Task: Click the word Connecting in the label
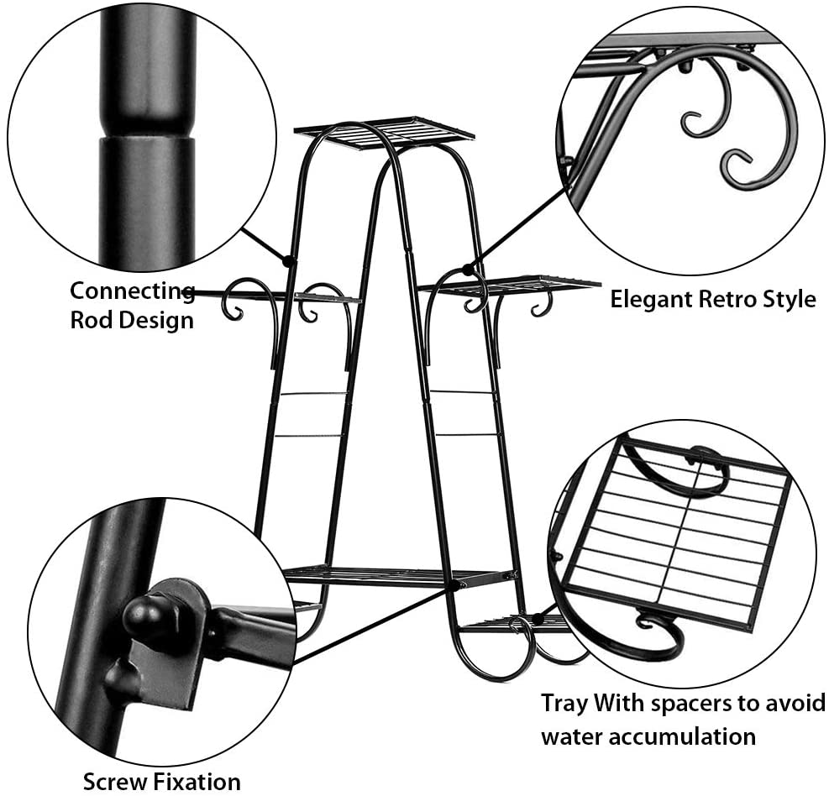132,291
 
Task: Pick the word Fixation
199,782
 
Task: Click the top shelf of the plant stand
385,132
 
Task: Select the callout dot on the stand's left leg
288,262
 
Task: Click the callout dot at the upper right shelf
467,270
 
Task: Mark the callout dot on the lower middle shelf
454,584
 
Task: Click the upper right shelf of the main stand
512,285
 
